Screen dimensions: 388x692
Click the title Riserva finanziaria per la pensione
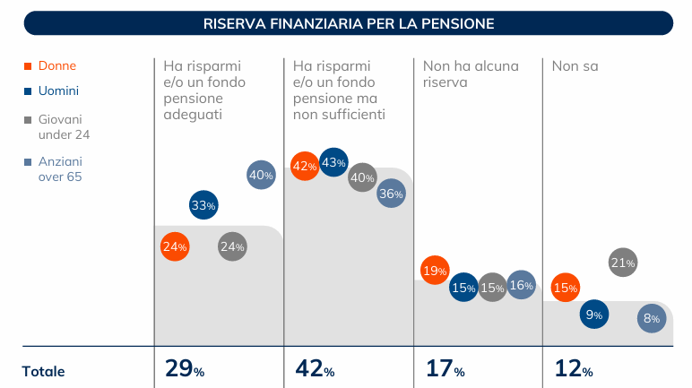click(x=349, y=23)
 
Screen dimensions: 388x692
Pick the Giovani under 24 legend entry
click(x=63, y=126)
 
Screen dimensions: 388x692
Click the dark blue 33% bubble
click(x=203, y=205)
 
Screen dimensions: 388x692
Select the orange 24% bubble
click(x=175, y=246)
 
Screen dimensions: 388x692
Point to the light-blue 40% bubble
click(x=261, y=176)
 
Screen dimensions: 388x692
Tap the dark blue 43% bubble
click(x=333, y=162)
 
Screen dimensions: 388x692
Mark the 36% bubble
click(x=391, y=194)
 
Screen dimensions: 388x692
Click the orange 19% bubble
click(x=434, y=271)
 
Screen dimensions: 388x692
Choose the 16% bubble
click(x=521, y=286)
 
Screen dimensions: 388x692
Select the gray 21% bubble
click(x=622, y=263)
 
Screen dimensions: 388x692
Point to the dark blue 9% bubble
click(x=593, y=315)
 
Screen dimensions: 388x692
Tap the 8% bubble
click(x=652, y=318)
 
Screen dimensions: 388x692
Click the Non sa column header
click(x=575, y=65)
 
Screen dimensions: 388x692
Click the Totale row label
click(x=44, y=371)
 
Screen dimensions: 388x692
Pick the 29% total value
click(x=185, y=370)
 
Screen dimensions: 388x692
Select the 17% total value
click(x=445, y=370)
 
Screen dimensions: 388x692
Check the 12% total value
click(x=574, y=370)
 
